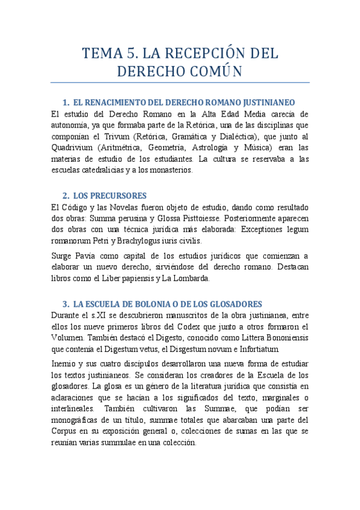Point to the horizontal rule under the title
coord(180,82)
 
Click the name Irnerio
coord(64,364)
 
